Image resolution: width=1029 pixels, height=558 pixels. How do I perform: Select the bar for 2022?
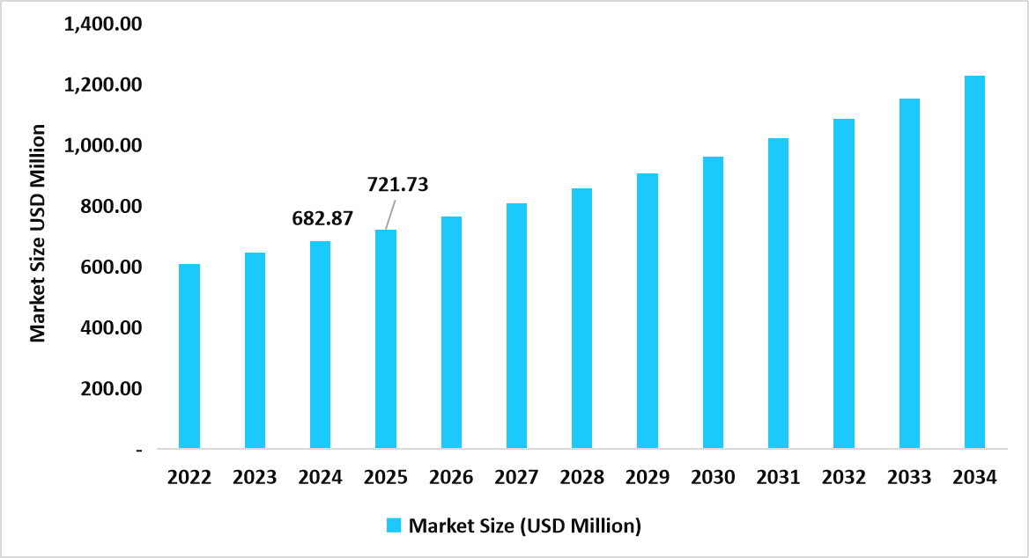189,356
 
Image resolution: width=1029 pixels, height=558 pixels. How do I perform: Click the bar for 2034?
974,262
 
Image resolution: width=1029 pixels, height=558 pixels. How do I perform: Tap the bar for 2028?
581,319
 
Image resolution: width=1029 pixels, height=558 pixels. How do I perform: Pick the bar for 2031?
778,293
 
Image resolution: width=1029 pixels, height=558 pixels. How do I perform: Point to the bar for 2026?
451,333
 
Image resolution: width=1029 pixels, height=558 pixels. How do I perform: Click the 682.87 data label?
322,217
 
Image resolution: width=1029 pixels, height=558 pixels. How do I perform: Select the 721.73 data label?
396,185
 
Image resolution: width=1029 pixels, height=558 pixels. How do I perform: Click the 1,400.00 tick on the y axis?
103,25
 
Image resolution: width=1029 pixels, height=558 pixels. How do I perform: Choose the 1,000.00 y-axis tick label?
103,146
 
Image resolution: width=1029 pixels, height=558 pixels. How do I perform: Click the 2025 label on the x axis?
386,478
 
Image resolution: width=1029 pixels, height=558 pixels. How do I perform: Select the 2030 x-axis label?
713,478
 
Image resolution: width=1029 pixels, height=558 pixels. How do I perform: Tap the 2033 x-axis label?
909,478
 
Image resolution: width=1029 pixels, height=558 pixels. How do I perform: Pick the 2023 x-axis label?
255,478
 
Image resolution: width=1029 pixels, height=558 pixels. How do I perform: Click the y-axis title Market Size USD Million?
37,233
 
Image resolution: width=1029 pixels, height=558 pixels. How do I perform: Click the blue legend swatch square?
394,525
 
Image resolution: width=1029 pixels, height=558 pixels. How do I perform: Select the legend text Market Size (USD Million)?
525,526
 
